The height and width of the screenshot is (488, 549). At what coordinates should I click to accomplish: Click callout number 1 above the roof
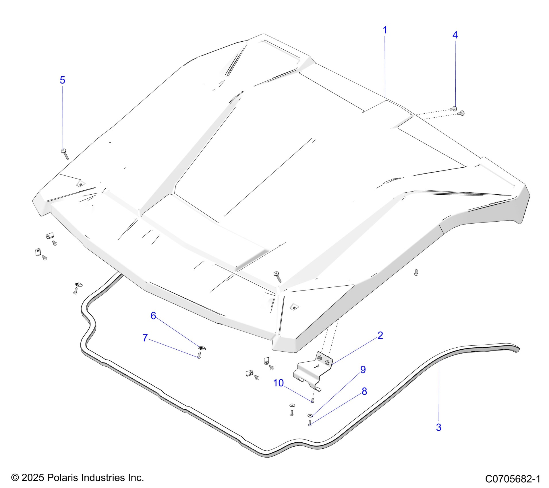click(x=385, y=30)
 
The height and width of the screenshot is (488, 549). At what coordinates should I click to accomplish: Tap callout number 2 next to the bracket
click(x=380, y=335)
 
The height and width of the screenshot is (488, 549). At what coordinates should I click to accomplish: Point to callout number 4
click(x=455, y=35)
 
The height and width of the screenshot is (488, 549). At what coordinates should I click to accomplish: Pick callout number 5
click(x=62, y=80)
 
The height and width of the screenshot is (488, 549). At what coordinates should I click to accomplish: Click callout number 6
click(x=153, y=316)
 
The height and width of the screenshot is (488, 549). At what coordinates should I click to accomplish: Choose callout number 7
click(x=145, y=338)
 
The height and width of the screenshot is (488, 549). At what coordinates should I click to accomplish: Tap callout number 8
click(x=364, y=391)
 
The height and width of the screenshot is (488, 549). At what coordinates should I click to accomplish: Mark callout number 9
click(x=363, y=369)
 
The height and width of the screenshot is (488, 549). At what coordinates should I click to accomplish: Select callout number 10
click(x=278, y=383)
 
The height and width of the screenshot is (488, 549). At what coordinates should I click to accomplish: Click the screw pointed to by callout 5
click(x=65, y=154)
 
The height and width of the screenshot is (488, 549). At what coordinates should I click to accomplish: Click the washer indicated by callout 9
click(x=310, y=415)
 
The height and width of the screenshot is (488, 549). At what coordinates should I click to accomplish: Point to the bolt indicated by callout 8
click(x=310, y=423)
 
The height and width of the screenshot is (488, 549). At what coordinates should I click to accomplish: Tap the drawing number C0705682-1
click(x=513, y=479)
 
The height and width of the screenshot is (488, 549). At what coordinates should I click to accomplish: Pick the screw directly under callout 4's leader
click(x=454, y=109)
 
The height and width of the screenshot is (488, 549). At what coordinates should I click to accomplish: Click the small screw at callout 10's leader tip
click(x=312, y=400)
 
